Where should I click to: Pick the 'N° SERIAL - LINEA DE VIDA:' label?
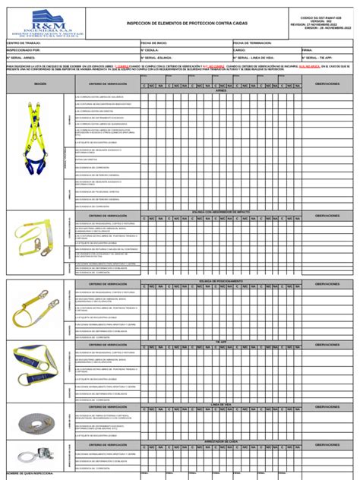point(254,57)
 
